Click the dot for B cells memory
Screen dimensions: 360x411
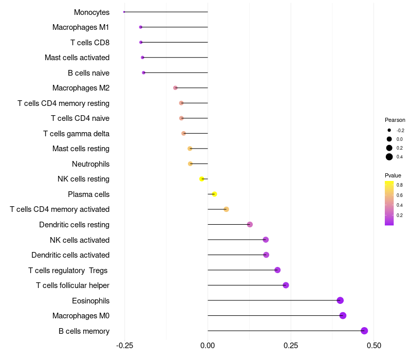pyautogui.click(x=364, y=331)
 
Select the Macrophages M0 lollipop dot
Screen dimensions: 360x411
pyautogui.click(x=343, y=316)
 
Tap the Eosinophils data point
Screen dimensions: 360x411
pyautogui.click(x=340, y=300)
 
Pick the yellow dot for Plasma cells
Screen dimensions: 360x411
pyautogui.click(x=214, y=194)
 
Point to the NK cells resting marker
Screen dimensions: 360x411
pyautogui.click(x=202, y=179)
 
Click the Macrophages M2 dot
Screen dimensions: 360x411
pyautogui.click(x=175, y=88)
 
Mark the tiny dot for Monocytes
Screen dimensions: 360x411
pyautogui.click(x=124, y=12)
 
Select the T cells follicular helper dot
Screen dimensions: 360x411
pyautogui.click(x=286, y=285)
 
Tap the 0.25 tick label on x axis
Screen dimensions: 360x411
pyautogui.click(x=290, y=345)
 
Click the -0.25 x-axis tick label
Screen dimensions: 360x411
pyautogui.click(x=124, y=345)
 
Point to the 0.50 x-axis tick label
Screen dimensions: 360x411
pyautogui.click(x=373, y=345)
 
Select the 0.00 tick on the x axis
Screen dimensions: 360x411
pyautogui.click(x=208, y=345)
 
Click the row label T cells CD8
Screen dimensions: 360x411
pyautogui.click(x=90, y=42)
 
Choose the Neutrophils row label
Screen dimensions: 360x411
pyautogui.click(x=90, y=164)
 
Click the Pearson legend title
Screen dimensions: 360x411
pyautogui.click(x=395, y=120)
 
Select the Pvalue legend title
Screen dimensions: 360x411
pyautogui.click(x=393, y=175)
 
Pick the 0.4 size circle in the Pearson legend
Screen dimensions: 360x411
pyautogui.click(x=389, y=157)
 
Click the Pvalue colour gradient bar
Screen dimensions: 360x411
pyautogui.click(x=389, y=203)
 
